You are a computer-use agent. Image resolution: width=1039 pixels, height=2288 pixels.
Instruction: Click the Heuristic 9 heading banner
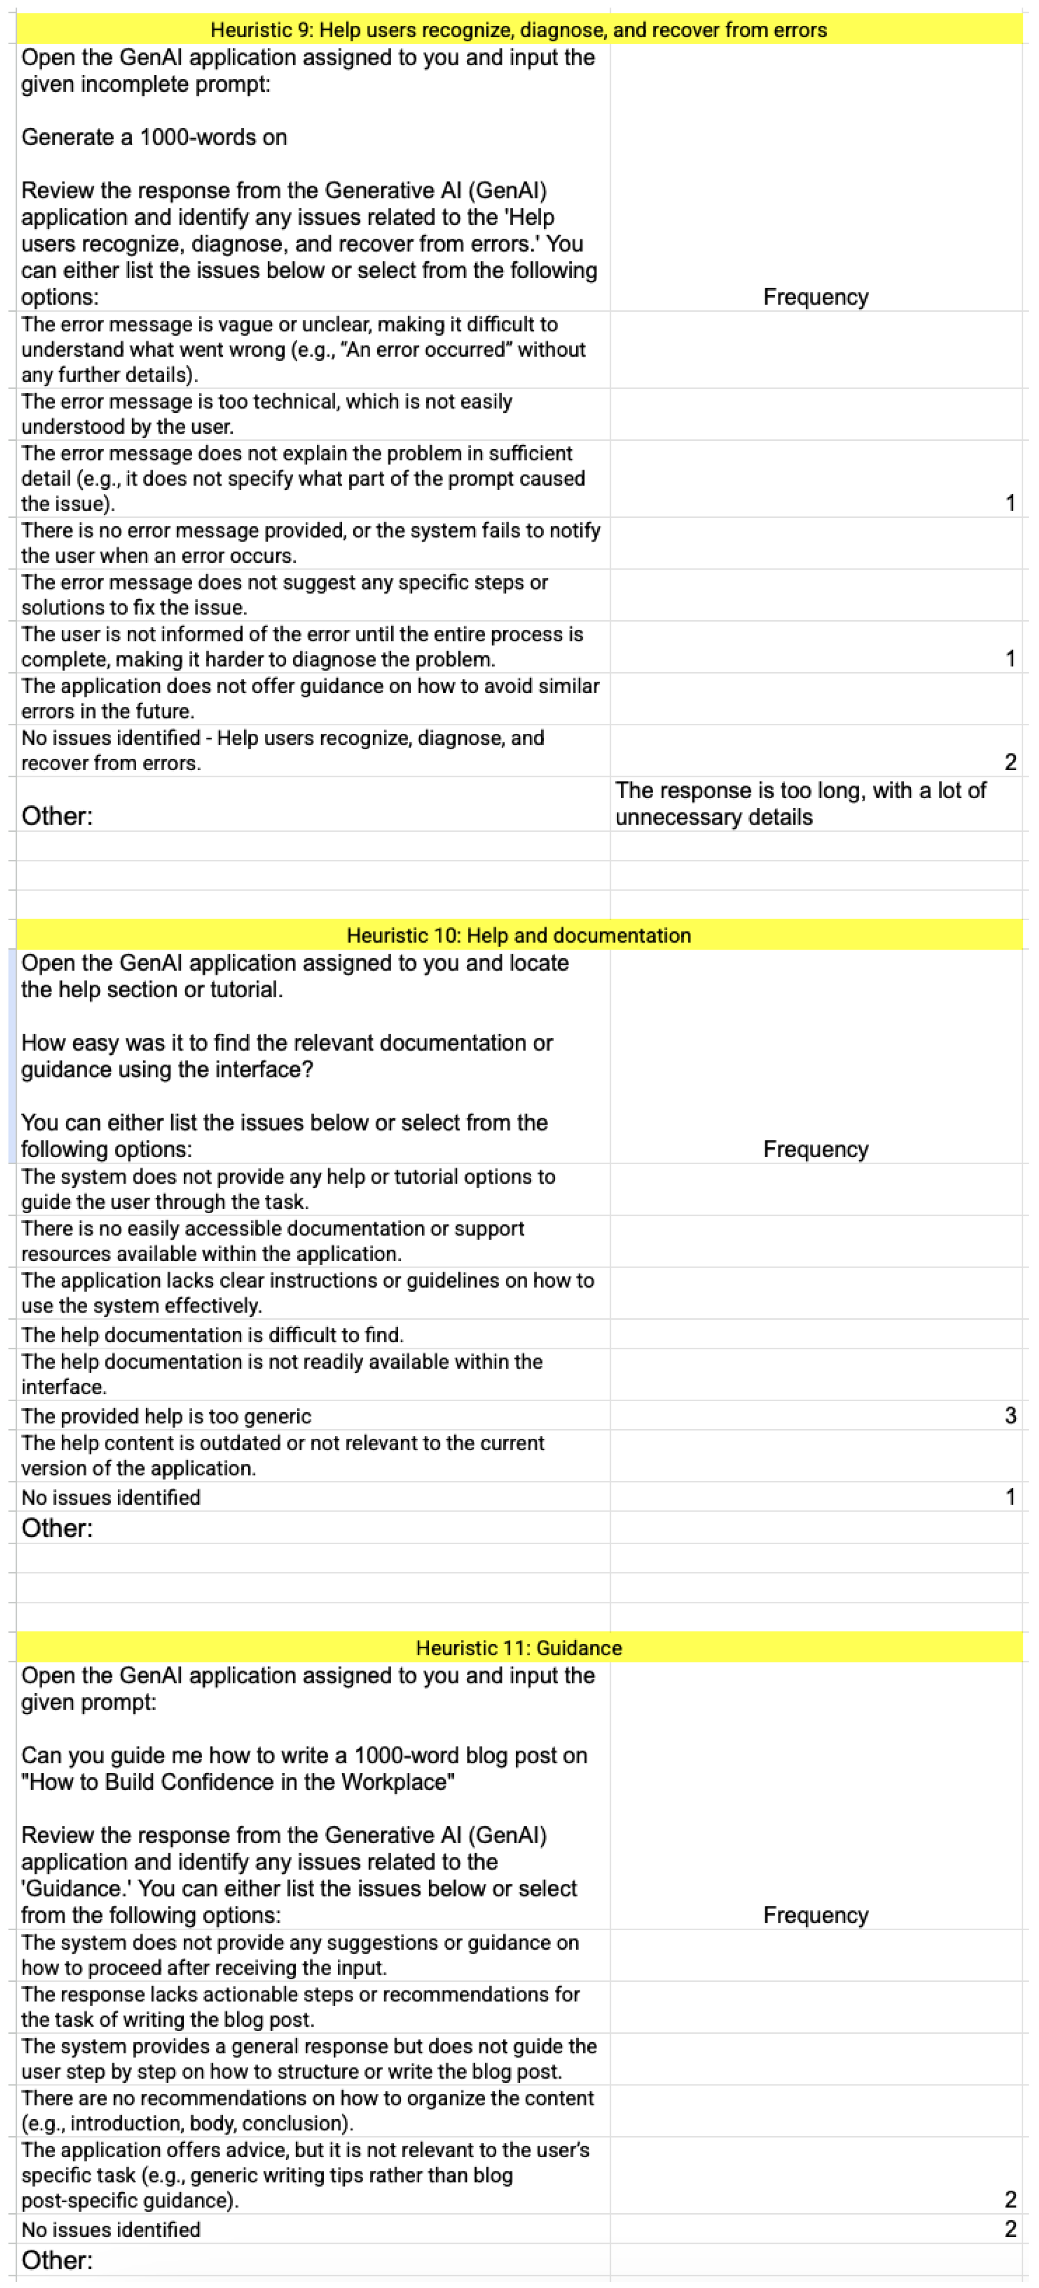519,30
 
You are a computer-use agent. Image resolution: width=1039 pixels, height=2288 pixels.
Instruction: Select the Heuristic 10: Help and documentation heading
519,935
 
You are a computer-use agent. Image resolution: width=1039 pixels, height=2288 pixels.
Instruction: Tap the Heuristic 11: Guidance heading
519,1648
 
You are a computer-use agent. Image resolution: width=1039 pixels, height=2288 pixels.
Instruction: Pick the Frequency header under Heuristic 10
815,1149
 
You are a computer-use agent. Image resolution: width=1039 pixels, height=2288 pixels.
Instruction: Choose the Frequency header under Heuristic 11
815,1915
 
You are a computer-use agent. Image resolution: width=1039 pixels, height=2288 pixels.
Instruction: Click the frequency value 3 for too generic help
1010,1416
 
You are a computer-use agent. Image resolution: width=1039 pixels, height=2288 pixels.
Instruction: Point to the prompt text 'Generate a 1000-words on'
154,138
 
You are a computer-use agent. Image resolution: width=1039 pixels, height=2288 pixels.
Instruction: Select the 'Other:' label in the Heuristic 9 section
57,816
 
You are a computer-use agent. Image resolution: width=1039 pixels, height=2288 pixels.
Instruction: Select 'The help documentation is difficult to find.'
212,1335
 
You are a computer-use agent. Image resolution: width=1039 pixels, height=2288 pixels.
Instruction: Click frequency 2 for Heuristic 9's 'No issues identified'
1010,762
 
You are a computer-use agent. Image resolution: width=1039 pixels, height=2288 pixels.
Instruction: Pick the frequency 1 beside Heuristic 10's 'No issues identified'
1010,1497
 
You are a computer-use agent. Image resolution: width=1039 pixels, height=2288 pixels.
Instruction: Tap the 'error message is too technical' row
267,414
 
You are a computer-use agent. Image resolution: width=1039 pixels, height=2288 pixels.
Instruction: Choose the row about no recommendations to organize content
307,2110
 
